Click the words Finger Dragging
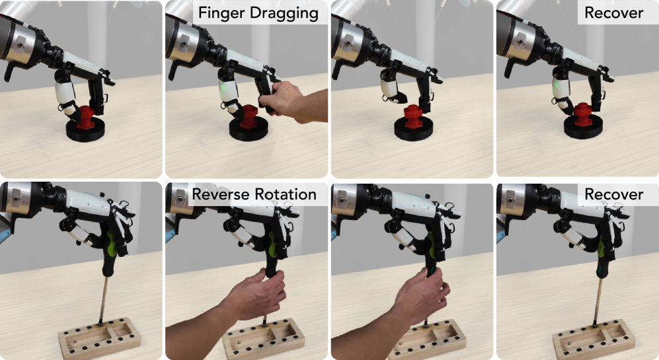pos(258,13)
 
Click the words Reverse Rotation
pos(254,194)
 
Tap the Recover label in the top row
pos(613,13)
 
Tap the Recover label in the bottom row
pos(613,194)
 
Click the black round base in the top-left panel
pos(85,129)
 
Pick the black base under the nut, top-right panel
pos(583,127)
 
